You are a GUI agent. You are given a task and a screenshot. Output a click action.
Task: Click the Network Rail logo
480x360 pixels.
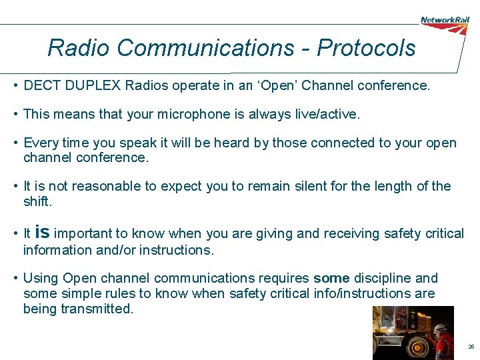pyautogui.click(x=444, y=21)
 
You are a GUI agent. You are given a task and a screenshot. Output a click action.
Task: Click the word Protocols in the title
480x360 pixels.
pyautogui.click(x=366, y=48)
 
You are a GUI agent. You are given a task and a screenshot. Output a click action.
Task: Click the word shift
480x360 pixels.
pyautogui.click(x=36, y=201)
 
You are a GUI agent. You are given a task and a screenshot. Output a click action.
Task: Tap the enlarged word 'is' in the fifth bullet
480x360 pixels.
pyautogui.click(x=41, y=232)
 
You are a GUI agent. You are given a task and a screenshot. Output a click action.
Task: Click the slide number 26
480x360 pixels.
pyautogui.click(x=471, y=347)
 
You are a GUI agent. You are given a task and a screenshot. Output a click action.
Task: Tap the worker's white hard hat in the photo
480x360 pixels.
pyautogui.click(x=439, y=328)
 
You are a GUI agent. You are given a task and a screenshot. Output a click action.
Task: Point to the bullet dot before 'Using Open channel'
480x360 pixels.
pyautogui.click(x=15, y=278)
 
